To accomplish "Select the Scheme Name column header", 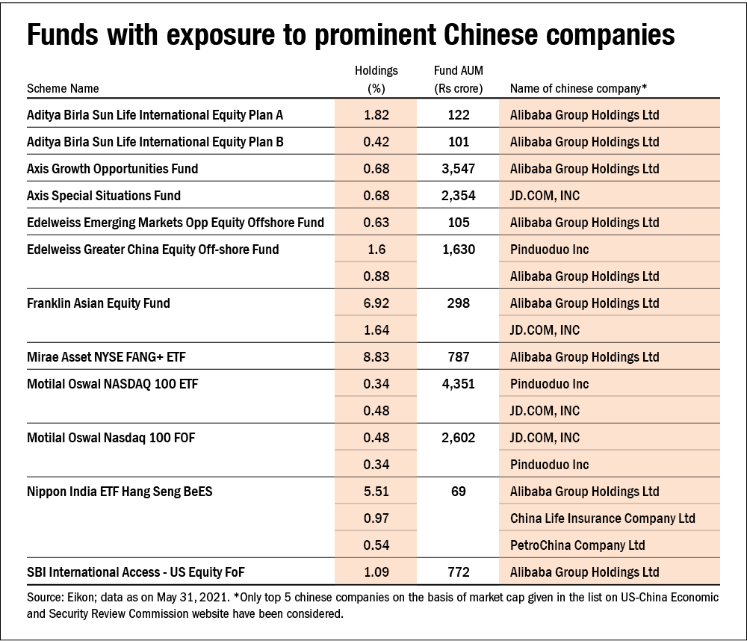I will point(63,88).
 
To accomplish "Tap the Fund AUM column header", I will point(458,79).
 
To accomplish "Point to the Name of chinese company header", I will point(578,88).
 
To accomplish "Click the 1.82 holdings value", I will point(376,115).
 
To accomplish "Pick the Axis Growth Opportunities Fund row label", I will point(113,169).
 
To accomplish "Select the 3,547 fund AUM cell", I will point(458,169).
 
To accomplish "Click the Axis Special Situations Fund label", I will point(104,196).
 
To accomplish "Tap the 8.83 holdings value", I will point(376,357).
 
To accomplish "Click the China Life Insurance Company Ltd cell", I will point(603,518).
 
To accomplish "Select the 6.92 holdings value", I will point(376,303).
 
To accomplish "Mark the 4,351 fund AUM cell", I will point(458,384).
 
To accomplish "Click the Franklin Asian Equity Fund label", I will point(99,303).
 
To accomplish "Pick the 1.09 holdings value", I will point(376,572).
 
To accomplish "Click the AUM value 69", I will point(458,492).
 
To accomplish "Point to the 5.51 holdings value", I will point(376,492).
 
